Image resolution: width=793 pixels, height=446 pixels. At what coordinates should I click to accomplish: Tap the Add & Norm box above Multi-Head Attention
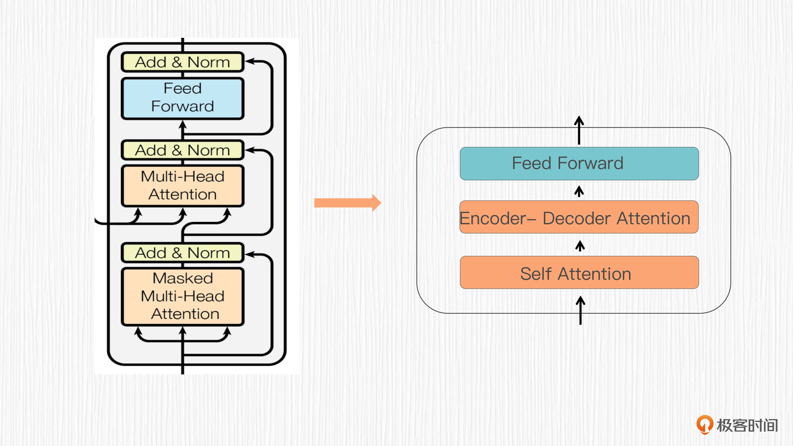coord(183,150)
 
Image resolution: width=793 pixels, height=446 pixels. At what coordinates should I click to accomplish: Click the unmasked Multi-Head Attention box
coord(183,186)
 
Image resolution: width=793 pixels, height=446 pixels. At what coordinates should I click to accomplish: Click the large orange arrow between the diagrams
coord(347,203)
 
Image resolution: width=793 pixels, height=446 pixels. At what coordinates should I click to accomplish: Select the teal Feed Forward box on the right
coord(579,163)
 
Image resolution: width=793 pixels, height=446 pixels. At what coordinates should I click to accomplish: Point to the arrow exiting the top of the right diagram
coord(579,130)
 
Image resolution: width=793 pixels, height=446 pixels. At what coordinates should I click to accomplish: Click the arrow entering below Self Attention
coord(580,310)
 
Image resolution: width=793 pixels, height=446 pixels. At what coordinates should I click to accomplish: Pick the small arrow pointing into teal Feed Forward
coord(579,191)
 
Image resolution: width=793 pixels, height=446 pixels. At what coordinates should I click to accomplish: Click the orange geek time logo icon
coord(705,424)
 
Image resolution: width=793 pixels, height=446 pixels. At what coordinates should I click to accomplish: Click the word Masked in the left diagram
coord(183,278)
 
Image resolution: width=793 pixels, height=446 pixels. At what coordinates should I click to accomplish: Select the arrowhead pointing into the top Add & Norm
coord(249,61)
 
